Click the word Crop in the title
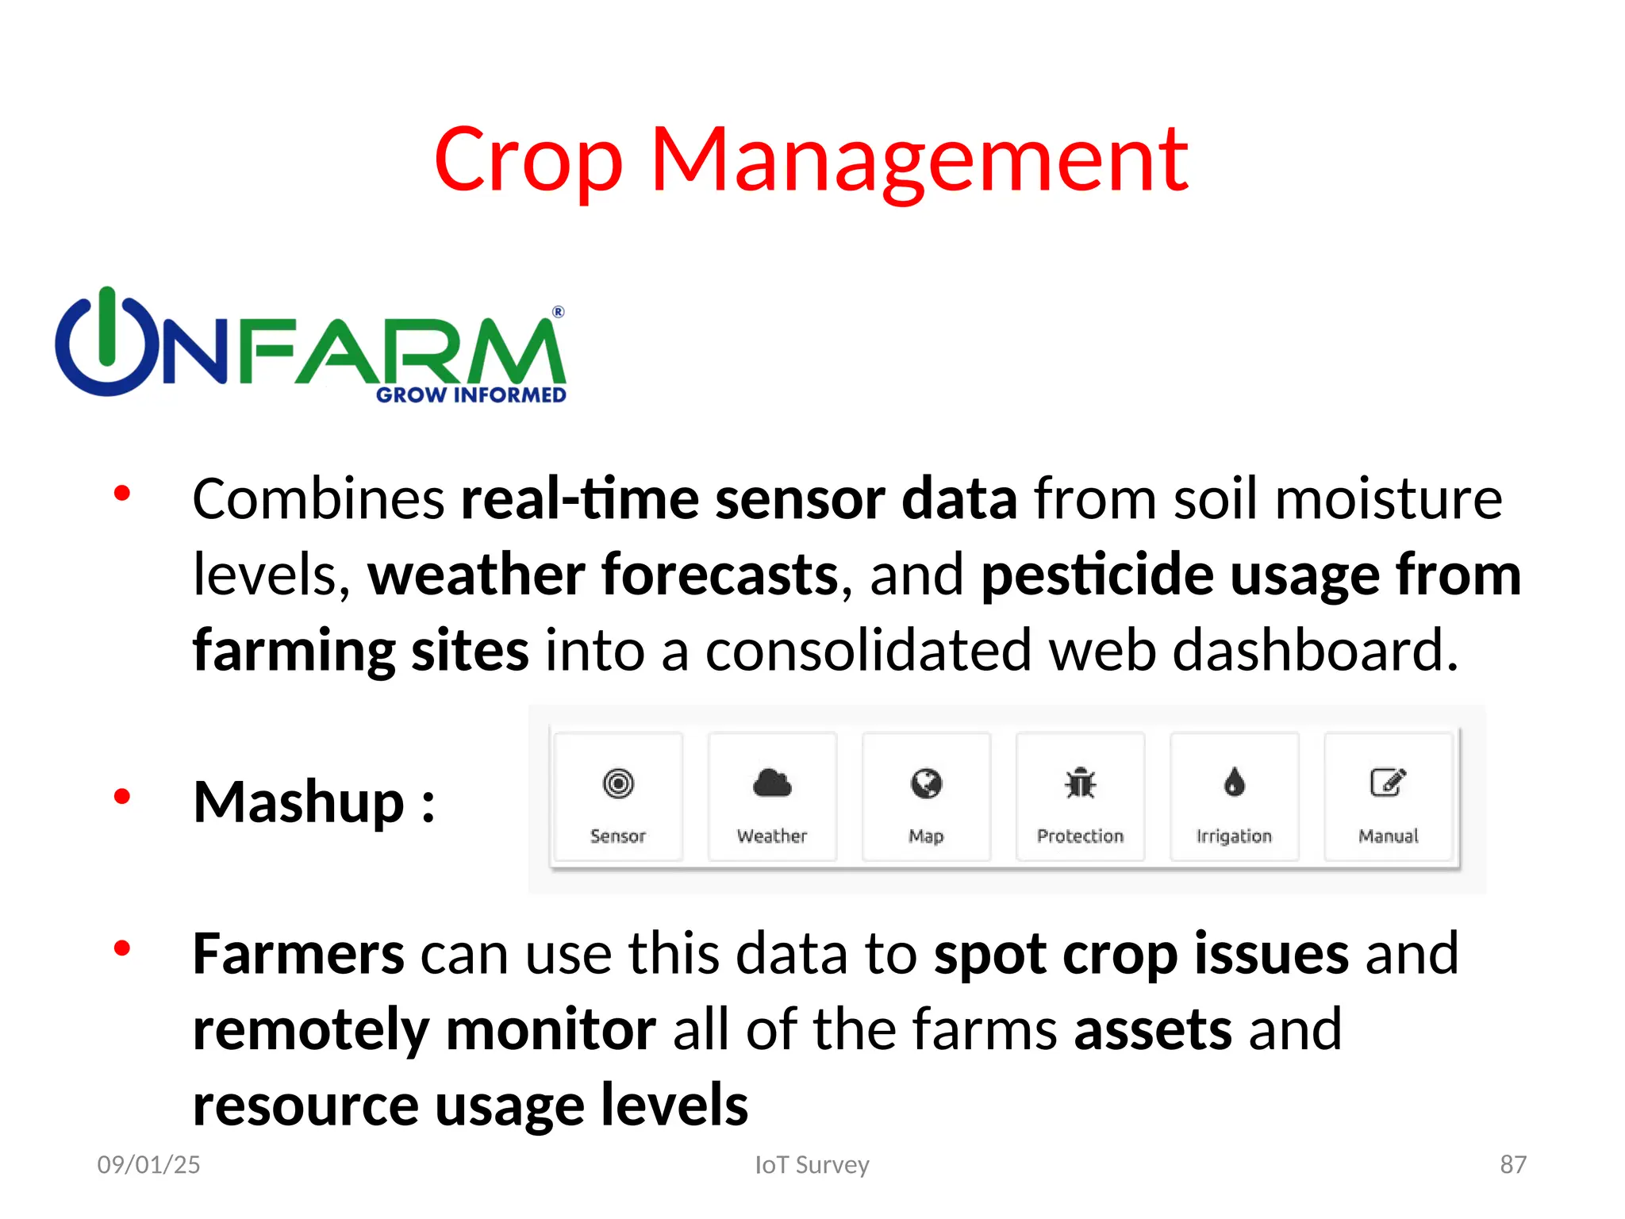(528, 160)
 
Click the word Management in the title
(920, 160)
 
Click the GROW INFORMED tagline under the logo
(471, 395)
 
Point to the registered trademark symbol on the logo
(559, 312)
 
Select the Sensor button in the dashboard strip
(618, 797)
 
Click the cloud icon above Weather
(772, 783)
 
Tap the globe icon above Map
(926, 783)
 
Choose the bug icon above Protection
(1080, 783)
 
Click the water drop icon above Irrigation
(1234, 783)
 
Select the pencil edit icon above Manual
(1388, 783)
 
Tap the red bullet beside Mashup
(121, 796)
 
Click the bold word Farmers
(298, 953)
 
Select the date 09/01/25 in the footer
(148, 1164)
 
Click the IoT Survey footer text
(812, 1164)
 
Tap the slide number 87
(1512, 1164)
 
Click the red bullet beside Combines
(121, 494)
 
